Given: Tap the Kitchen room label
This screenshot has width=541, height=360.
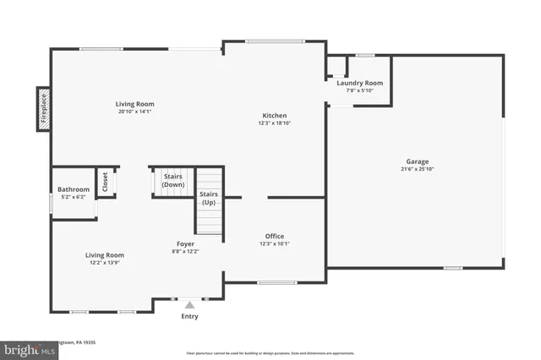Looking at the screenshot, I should coord(274,115).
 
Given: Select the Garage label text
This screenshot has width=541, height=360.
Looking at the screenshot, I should coord(417,161).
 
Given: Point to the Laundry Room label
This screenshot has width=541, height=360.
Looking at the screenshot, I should coord(360,83).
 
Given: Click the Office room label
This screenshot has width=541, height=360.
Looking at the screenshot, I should coord(274,236).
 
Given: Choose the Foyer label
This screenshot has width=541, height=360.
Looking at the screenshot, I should coord(186,243).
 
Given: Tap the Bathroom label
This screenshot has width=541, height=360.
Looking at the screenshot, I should coord(74,189).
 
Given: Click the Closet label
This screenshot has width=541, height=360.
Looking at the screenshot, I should coord(106,183).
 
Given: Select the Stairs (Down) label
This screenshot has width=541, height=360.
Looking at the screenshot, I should coord(173,180).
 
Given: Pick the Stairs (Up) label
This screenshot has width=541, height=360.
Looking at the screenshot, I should coord(209,198).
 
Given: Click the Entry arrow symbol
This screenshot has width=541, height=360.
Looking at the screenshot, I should coord(190,304).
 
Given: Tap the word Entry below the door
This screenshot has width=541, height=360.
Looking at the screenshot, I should coord(190,317).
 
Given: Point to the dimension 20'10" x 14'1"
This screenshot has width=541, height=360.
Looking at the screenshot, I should coord(135,112).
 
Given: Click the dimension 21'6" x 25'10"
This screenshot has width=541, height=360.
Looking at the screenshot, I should coord(417,168).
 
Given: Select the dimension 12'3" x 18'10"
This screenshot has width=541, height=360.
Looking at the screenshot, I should coord(274,123).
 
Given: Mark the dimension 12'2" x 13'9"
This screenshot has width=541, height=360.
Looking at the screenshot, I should coord(104,262).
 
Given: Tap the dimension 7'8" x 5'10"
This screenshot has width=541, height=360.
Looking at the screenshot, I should coord(360,90).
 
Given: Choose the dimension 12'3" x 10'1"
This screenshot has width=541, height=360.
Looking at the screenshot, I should coord(274,243).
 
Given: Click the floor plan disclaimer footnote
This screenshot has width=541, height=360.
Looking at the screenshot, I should coord(270,353).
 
